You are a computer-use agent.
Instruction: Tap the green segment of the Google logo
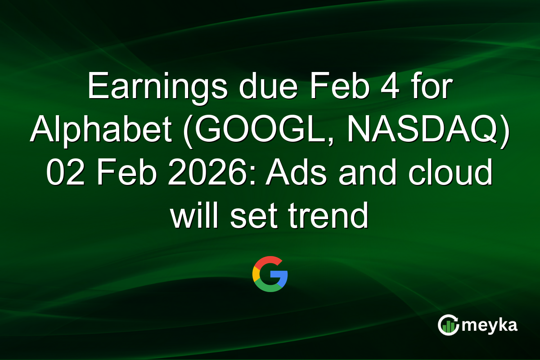pyautogui.click(x=268, y=288)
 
